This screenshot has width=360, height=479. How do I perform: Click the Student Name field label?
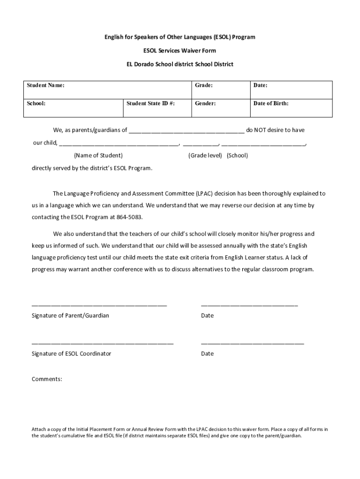click(x=45, y=86)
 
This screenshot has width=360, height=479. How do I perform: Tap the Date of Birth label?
click(x=271, y=103)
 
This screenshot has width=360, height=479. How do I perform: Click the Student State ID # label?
click(x=151, y=103)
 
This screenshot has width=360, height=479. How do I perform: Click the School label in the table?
click(x=36, y=103)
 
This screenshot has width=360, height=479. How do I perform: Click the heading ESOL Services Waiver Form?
click(x=180, y=50)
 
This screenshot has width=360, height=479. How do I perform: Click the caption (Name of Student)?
click(x=98, y=155)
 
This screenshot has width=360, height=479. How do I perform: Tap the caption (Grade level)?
click(x=205, y=155)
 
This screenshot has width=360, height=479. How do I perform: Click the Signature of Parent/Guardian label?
click(x=70, y=316)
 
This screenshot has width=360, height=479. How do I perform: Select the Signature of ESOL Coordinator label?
click(x=71, y=354)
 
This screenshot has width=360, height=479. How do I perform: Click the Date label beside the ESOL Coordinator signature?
click(x=207, y=354)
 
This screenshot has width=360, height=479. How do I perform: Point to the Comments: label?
click(x=47, y=379)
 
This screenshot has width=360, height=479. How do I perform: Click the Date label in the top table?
click(x=260, y=86)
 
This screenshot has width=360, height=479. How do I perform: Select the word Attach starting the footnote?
click(x=39, y=429)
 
